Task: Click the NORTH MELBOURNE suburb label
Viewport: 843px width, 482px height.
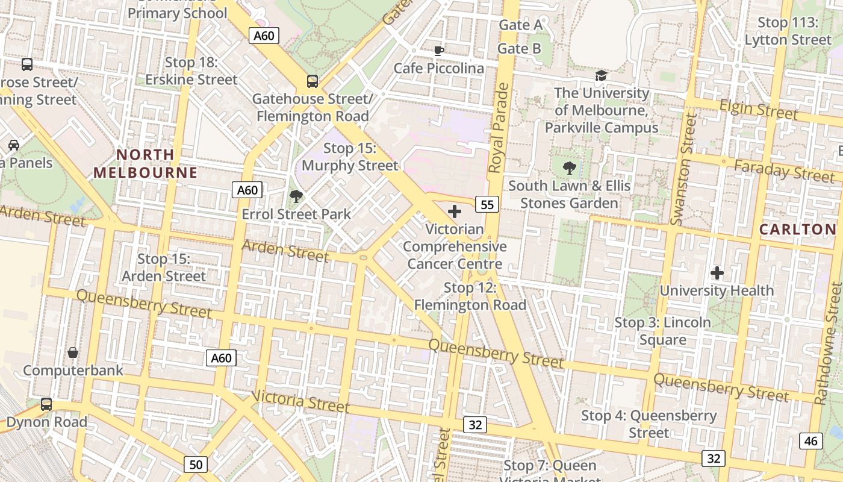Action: point(145,164)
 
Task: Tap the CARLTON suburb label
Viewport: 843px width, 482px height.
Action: point(798,229)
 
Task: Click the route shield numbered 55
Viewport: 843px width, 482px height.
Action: point(487,205)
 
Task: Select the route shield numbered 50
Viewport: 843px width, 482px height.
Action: point(196,465)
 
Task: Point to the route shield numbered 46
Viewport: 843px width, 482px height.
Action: point(810,441)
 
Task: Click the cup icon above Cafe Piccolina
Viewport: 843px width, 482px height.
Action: point(438,51)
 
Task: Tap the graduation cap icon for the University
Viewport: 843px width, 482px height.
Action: point(601,75)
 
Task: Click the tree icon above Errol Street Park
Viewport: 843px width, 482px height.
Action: point(296,196)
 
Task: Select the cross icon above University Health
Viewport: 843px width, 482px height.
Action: point(717,273)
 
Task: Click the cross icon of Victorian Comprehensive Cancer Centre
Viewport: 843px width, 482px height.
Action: point(455,211)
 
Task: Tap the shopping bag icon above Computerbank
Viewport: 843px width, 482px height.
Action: point(73,352)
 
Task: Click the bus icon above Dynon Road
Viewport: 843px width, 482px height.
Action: point(46,404)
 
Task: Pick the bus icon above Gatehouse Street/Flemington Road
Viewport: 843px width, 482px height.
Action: point(312,81)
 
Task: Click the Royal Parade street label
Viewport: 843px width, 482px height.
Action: point(499,128)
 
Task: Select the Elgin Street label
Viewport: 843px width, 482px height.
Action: point(758,110)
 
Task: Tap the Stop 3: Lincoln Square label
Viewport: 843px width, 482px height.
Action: point(662,331)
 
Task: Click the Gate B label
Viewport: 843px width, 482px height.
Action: point(520,49)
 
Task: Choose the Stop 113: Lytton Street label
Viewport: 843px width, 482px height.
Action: point(788,31)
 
